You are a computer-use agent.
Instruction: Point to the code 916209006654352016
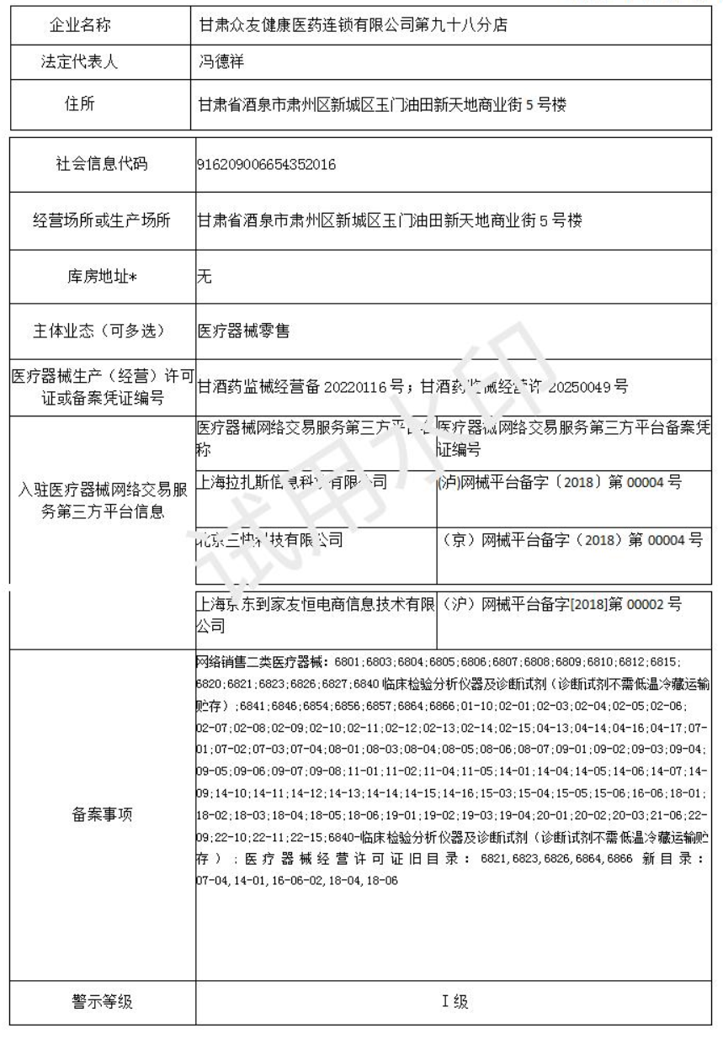click(x=266, y=164)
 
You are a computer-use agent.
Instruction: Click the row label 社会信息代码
click(x=100, y=164)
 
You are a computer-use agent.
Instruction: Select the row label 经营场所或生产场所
click(x=100, y=221)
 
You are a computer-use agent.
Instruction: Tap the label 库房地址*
click(x=100, y=278)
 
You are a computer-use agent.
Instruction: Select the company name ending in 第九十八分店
click(x=351, y=24)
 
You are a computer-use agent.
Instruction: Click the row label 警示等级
click(x=100, y=1001)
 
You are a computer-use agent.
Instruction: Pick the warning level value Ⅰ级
click(x=455, y=1001)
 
